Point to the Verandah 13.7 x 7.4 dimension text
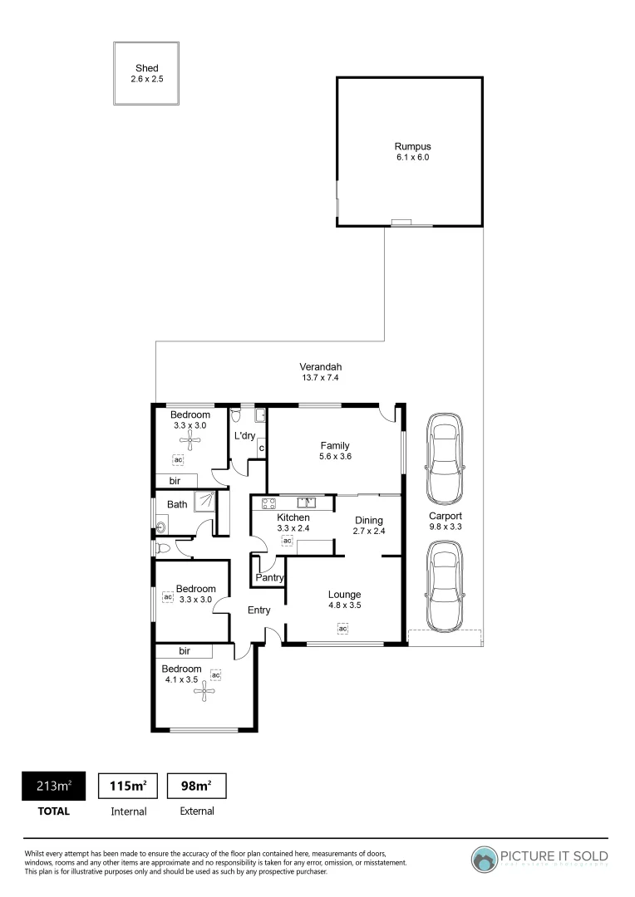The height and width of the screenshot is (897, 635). [320, 378]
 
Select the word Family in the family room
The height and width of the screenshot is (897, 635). [334, 445]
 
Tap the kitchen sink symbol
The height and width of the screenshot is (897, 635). [307, 502]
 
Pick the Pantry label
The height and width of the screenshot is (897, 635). [270, 577]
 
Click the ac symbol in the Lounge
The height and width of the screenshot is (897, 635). [342, 629]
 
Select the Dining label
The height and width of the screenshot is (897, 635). [369, 520]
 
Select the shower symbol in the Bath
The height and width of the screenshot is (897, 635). [204, 501]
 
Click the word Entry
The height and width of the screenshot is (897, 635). [259, 610]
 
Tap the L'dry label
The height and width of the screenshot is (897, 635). [244, 435]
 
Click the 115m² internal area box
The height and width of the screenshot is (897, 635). [128, 785]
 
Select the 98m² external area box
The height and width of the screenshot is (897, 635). [197, 785]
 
